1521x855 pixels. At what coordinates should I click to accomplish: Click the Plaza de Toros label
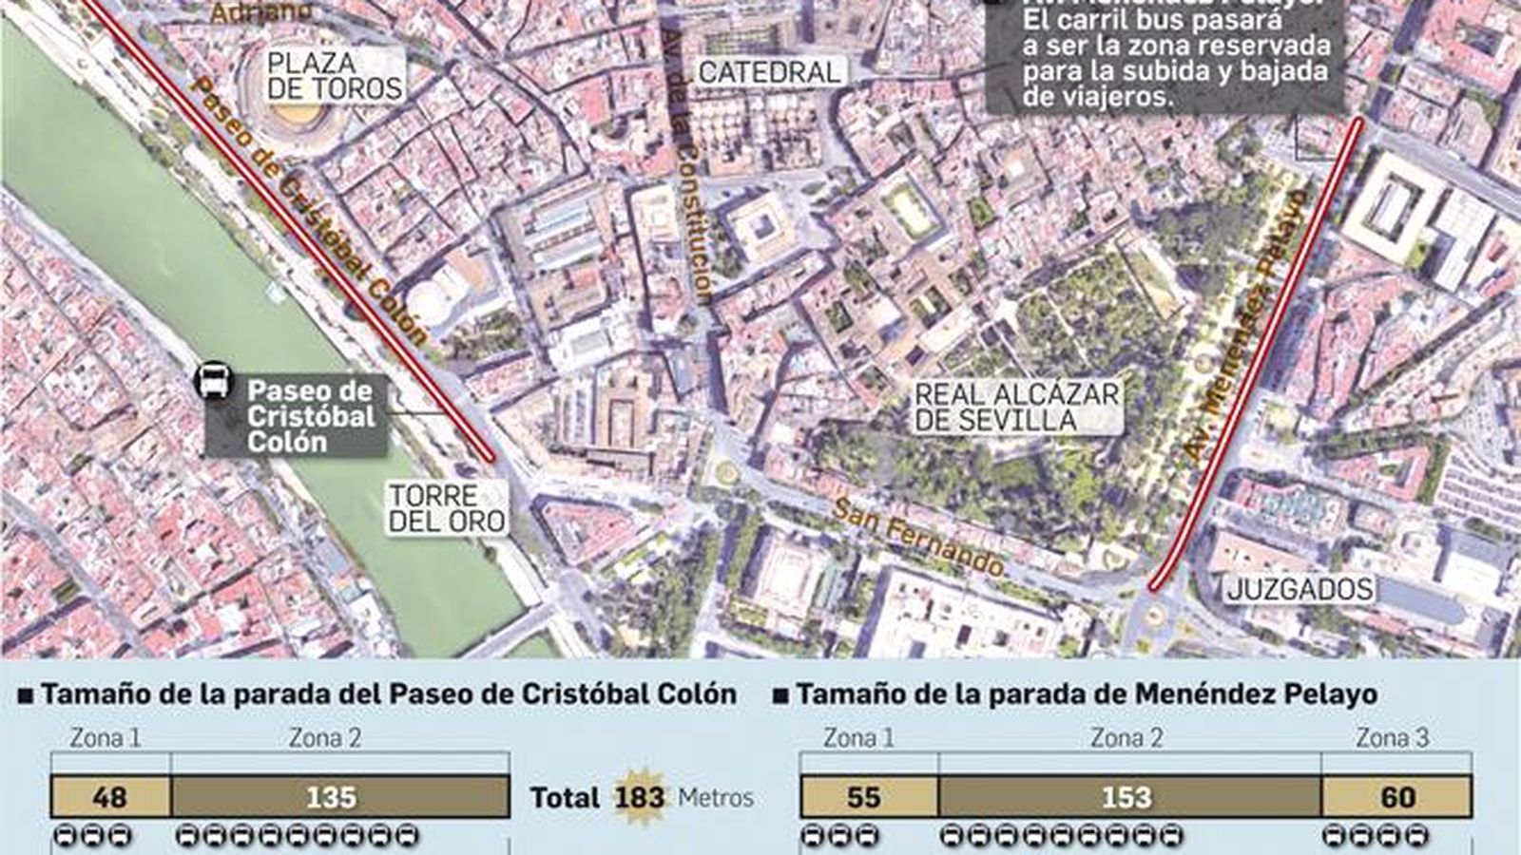click(335, 76)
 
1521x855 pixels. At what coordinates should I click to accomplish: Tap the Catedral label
click(769, 71)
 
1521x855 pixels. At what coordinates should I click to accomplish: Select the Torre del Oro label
click(447, 508)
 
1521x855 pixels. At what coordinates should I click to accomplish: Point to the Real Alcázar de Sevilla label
click(1017, 408)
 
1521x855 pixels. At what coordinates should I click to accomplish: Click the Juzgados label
click(1300, 589)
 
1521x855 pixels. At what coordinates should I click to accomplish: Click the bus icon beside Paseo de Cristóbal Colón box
click(212, 382)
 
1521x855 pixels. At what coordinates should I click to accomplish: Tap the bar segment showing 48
click(110, 797)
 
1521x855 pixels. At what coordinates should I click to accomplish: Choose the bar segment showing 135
click(339, 797)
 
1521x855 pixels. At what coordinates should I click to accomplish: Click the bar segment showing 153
click(1129, 797)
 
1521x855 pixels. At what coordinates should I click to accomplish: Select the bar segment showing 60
click(1396, 797)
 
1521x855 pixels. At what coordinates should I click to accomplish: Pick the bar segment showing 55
click(868, 797)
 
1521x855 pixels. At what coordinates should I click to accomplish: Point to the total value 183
click(639, 796)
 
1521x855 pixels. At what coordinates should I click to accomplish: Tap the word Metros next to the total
click(715, 797)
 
